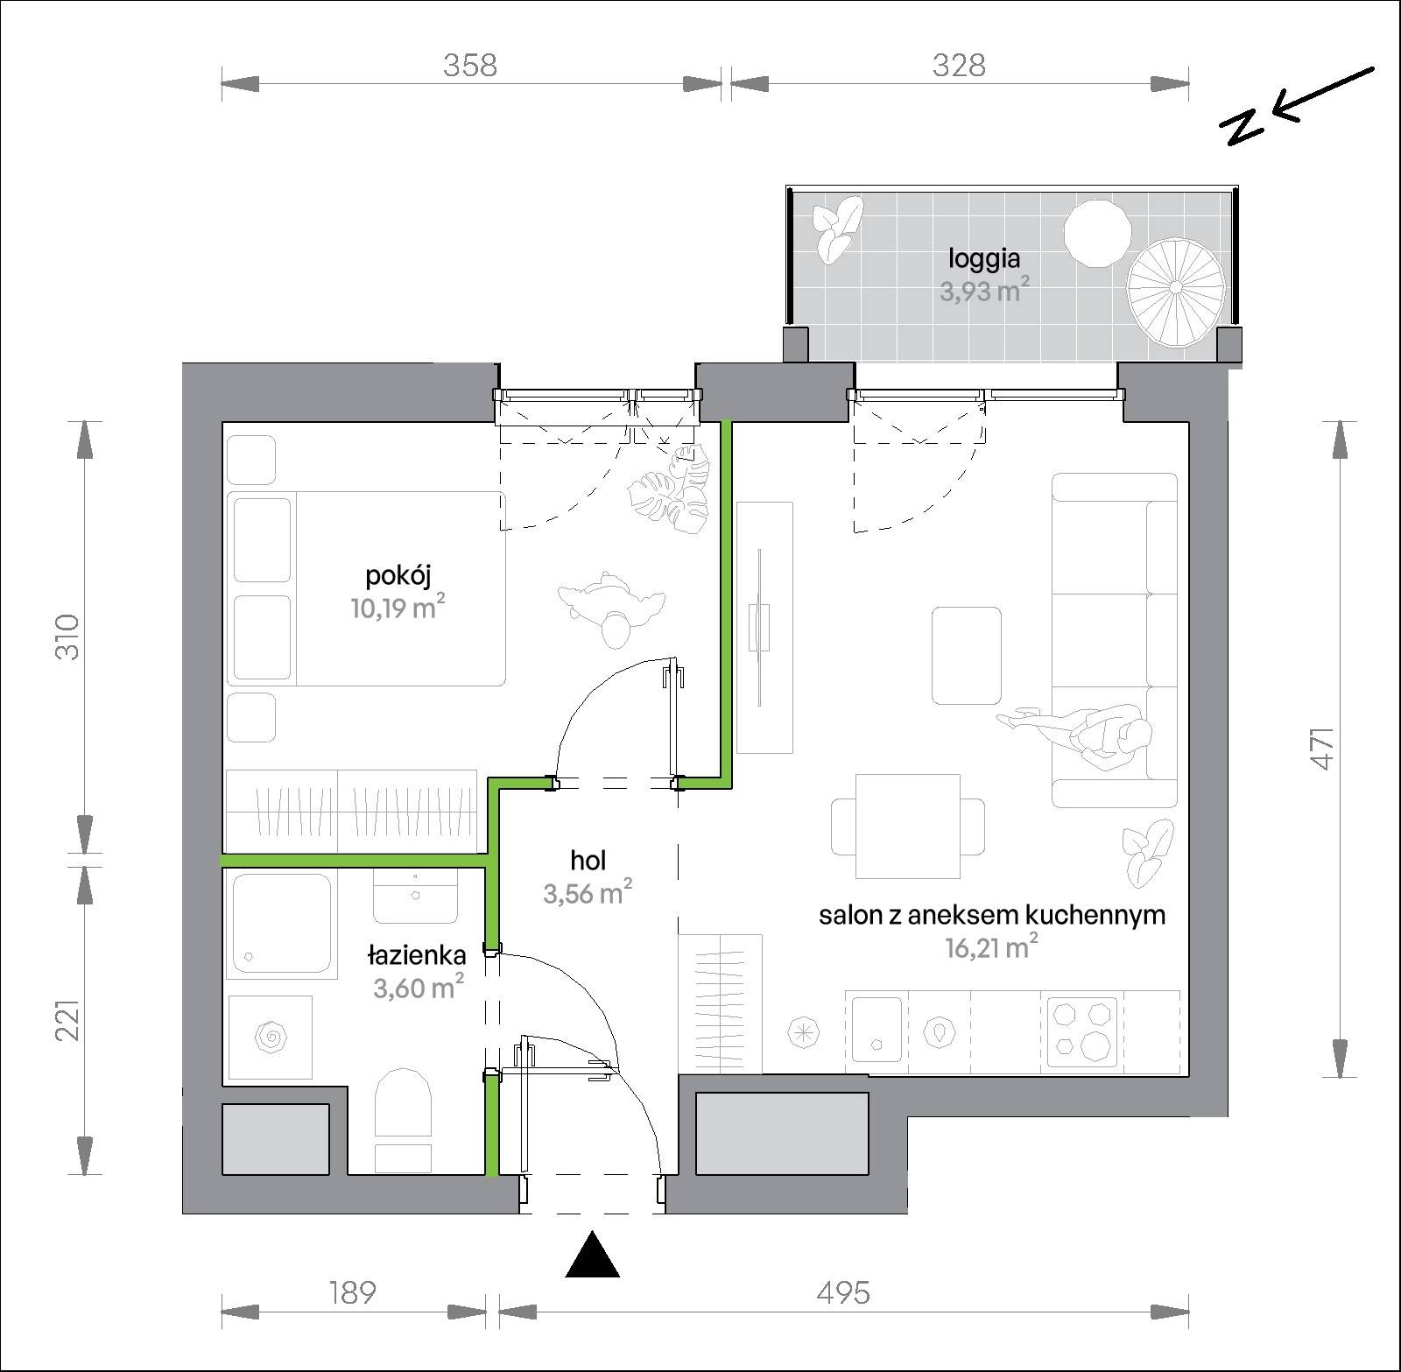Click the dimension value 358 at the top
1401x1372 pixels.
click(x=470, y=65)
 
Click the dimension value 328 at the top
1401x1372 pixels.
click(x=959, y=65)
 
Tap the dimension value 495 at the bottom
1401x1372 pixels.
click(x=844, y=1292)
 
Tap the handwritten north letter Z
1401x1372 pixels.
click(x=1244, y=129)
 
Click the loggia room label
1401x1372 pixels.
click(x=984, y=260)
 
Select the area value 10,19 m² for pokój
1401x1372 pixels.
click(x=393, y=607)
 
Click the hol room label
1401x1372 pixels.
click(x=588, y=862)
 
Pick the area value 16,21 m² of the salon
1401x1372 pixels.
click(x=992, y=946)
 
